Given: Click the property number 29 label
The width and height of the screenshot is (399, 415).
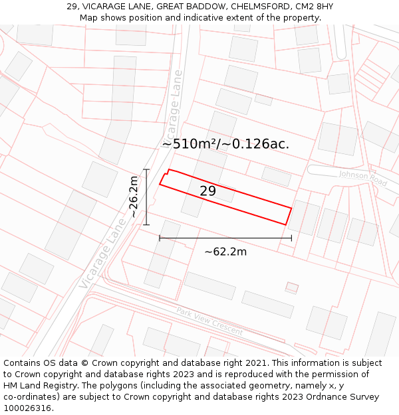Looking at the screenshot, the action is coord(207,191).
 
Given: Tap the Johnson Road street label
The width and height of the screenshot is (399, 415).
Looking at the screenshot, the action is coord(362,178).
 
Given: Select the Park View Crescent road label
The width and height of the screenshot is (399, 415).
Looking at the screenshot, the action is coord(209,321).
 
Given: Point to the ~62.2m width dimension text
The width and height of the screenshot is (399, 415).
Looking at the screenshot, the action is coord(225,252).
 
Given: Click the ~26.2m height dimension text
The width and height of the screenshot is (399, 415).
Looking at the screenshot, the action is coord(134,197).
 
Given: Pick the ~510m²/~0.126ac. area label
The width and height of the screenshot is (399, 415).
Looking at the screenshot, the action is coord(225,143).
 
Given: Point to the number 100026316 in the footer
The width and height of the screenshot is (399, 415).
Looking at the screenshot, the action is coord(27,408).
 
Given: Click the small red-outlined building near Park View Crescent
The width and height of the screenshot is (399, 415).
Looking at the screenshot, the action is coord(291,288).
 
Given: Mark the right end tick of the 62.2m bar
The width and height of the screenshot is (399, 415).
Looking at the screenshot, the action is coord(291,238).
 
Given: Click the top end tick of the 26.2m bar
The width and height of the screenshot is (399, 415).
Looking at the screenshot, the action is coord(146,169).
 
